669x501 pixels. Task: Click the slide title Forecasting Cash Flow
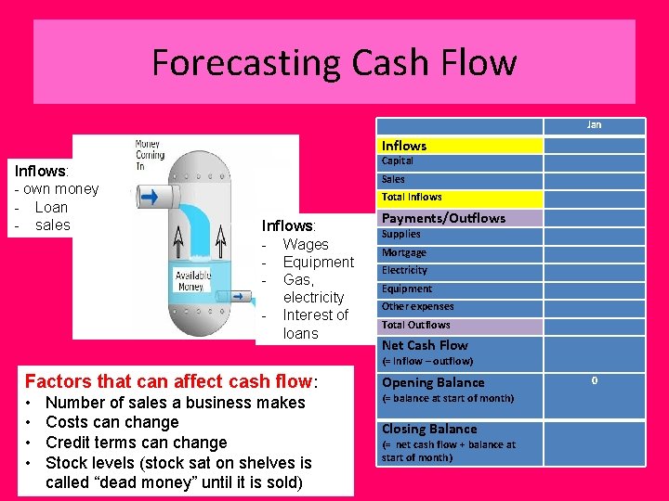click(x=334, y=63)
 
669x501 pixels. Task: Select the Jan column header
click(x=594, y=124)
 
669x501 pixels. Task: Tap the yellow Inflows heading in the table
click(x=404, y=146)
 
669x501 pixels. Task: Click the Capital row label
click(x=398, y=161)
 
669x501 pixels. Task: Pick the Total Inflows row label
click(x=412, y=197)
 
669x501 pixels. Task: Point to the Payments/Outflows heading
click(x=443, y=218)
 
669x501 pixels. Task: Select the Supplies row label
click(x=401, y=235)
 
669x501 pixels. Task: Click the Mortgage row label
click(x=404, y=252)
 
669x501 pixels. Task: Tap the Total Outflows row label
click(x=415, y=325)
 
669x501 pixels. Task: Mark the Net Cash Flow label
click(x=425, y=345)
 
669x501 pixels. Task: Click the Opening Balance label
click(x=433, y=382)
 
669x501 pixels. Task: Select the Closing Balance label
click(x=429, y=429)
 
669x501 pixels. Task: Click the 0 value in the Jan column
click(x=594, y=379)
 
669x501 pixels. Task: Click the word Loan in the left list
click(x=51, y=207)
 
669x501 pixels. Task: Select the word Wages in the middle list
click(x=306, y=244)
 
